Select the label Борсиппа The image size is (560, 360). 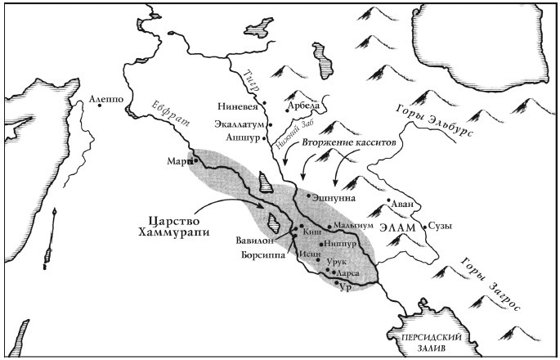[x=263, y=255]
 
